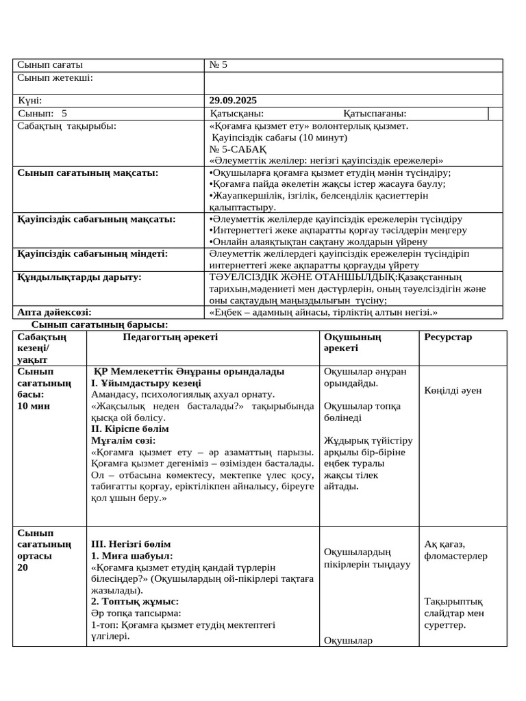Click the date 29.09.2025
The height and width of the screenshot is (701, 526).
233,100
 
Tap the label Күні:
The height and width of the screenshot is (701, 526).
30,100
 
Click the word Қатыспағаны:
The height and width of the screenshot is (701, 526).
375,114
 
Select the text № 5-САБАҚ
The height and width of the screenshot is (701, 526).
238,149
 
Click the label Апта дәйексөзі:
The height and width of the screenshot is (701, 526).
55,312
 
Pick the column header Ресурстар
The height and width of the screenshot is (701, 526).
448,337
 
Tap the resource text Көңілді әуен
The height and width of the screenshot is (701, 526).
453,390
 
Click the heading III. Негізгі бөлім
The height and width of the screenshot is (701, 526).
131,544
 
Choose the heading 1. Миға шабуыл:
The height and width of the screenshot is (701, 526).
132,556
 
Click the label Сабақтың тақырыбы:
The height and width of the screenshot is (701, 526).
66,126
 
